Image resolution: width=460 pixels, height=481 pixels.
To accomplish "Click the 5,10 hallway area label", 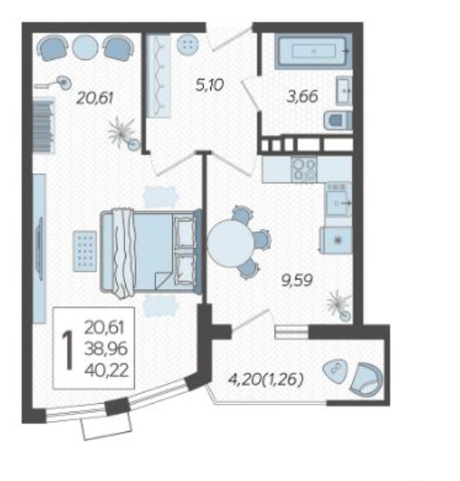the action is coord(209,85).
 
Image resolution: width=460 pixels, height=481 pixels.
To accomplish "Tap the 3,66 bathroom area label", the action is coord(302,97).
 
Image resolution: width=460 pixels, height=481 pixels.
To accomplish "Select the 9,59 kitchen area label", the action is coord(297,280).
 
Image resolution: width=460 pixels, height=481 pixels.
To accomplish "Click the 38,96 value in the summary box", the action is coord(106,348).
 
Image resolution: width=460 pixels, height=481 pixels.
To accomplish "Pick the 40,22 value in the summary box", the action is coord(106,370).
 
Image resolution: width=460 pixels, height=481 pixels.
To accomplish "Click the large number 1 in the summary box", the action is coord(68,350).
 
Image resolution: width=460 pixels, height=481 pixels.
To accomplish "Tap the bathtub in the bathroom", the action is coord(313,51).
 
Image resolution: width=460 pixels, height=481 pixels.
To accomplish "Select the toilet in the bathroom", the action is coord(337,120).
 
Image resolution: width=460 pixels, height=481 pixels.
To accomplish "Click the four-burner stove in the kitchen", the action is coord(304,170).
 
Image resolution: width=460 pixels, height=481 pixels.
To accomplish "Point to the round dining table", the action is coord(230,243).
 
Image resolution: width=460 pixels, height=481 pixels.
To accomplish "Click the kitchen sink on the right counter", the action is coord(339,200).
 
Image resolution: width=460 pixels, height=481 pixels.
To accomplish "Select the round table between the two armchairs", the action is coord(85,46).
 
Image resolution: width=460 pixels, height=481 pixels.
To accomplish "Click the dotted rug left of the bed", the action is coord(85,251).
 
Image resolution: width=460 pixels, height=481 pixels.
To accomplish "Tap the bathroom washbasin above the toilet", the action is coord(344,91).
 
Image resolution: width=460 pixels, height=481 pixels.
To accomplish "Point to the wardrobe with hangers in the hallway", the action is coord(158,75).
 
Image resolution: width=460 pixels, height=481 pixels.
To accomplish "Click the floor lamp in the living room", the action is coord(55,83).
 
